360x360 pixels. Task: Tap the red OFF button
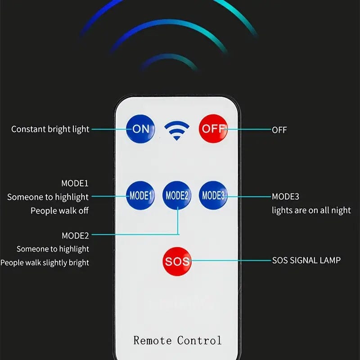(x=213, y=129)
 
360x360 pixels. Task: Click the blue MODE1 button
(x=140, y=196)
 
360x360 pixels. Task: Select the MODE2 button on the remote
(x=177, y=196)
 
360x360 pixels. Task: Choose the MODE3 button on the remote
(x=213, y=196)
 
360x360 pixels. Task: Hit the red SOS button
(x=177, y=261)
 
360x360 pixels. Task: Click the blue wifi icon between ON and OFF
(x=176, y=130)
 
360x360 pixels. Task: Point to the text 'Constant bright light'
(x=50, y=130)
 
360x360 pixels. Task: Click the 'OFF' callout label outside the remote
(x=279, y=130)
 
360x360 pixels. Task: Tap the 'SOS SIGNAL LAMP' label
(x=306, y=261)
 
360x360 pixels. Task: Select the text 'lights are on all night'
(x=311, y=211)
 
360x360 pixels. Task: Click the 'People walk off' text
(x=59, y=211)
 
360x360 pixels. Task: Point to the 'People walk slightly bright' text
(x=45, y=262)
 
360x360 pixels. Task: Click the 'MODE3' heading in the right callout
(x=285, y=197)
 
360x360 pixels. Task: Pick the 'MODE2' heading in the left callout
(x=75, y=235)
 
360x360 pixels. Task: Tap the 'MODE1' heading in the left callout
(x=75, y=183)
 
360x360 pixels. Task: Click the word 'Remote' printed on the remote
(x=153, y=340)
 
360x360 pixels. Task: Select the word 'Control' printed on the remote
(x=199, y=340)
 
